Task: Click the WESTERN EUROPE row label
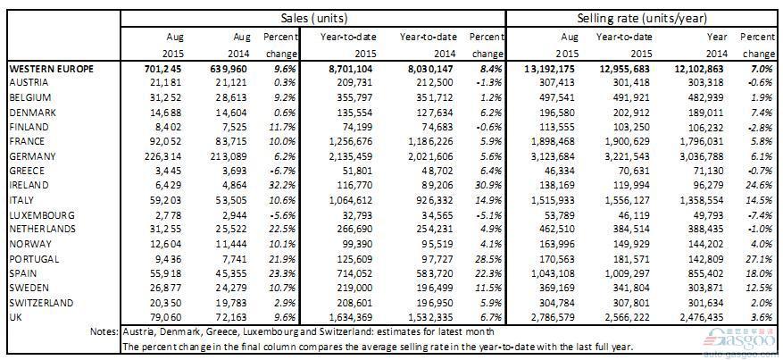pyautogui.click(x=51, y=69)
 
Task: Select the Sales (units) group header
pyautogui.click(x=313, y=19)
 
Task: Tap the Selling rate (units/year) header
pyautogui.click(x=642, y=19)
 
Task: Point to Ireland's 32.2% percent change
pyautogui.click(x=286, y=185)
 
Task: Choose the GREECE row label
pyautogui.click(x=27, y=171)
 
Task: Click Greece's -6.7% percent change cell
pyautogui.click(x=286, y=171)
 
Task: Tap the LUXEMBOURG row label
pyautogui.click(x=42, y=215)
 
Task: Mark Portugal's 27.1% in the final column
pyautogui.click(x=762, y=259)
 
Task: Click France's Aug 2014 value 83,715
pyautogui.click(x=232, y=141)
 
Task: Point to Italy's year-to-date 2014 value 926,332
pyautogui.click(x=437, y=200)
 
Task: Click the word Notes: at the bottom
pyautogui.click(x=104, y=331)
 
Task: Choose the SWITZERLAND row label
pyautogui.click(x=41, y=303)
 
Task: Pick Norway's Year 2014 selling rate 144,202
pyautogui.click(x=711, y=244)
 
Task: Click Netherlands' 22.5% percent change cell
pyautogui.click(x=286, y=230)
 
